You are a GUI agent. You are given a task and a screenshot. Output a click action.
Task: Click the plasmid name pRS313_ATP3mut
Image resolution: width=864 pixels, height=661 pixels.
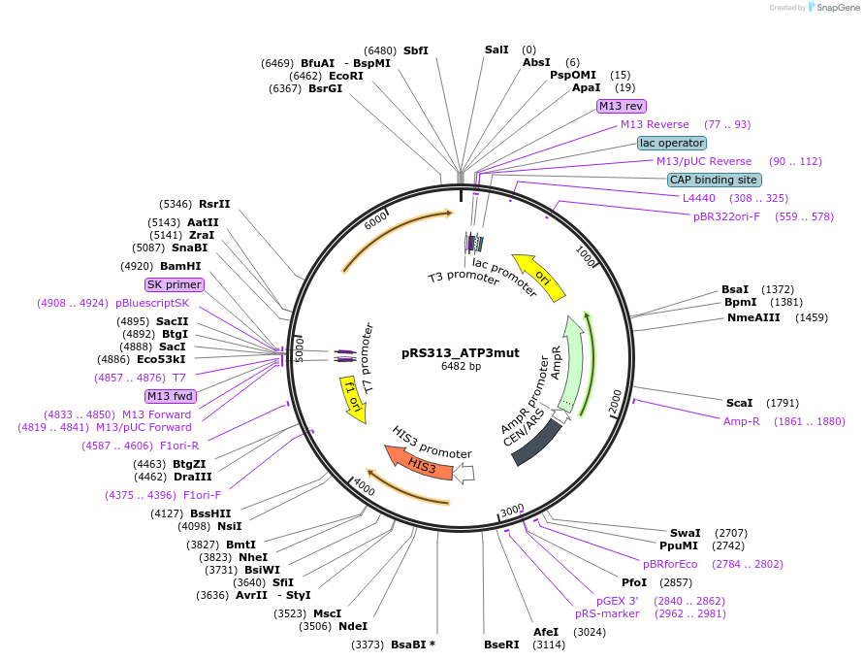point(460,353)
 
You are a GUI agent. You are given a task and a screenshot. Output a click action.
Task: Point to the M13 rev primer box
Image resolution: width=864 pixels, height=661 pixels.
point(621,106)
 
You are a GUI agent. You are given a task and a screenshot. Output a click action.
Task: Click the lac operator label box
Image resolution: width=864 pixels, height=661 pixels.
point(672,143)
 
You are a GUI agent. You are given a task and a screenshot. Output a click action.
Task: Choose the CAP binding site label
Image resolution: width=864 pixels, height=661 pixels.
point(714,180)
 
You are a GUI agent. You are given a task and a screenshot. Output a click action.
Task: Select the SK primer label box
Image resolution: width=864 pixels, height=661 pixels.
point(175,284)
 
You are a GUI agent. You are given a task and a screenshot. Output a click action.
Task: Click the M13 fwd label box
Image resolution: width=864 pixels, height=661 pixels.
point(170,396)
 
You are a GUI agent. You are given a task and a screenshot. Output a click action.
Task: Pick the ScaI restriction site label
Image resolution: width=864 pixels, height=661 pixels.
point(740,403)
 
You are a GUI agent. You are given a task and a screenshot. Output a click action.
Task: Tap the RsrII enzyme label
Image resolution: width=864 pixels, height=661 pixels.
point(214,204)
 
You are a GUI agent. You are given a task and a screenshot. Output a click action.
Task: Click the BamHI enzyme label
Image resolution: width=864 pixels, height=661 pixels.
point(180,266)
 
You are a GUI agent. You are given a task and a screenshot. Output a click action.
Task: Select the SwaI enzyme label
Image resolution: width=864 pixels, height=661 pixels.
point(686,533)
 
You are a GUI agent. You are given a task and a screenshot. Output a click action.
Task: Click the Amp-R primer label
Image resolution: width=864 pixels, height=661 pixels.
point(742,421)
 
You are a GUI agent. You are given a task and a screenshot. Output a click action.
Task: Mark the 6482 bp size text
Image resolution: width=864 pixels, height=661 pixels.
point(460,367)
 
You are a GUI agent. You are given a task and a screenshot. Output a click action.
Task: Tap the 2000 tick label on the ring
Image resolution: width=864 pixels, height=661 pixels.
point(616,398)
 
